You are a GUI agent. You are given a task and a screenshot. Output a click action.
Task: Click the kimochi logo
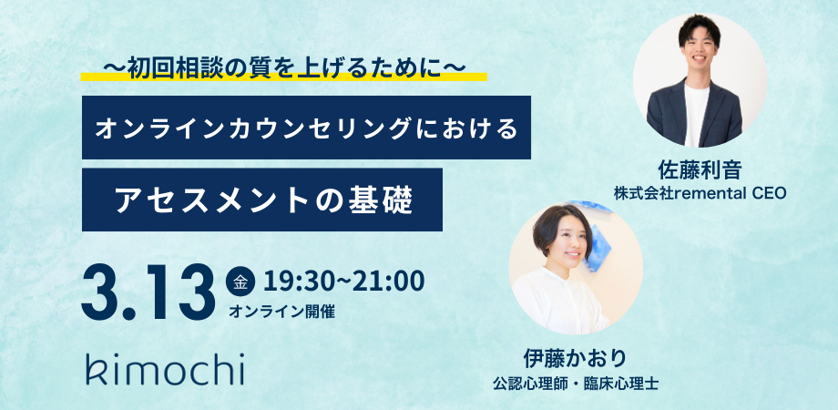point(165,368)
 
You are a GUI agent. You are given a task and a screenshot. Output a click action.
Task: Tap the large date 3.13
point(148,293)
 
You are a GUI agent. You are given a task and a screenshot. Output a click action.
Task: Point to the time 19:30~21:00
point(343,282)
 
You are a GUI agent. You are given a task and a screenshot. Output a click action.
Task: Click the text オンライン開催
point(281,312)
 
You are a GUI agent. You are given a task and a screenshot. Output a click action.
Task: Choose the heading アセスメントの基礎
point(264,200)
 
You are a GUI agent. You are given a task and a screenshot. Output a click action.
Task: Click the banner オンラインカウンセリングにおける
point(306,128)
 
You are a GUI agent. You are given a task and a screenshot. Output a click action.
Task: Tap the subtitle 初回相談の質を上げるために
point(283,68)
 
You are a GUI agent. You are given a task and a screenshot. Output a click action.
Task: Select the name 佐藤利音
point(700,170)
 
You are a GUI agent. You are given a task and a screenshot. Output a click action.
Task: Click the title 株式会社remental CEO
point(700,192)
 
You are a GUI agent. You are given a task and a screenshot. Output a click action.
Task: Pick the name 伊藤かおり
point(575,359)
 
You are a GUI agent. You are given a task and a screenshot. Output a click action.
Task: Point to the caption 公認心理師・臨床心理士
point(575,383)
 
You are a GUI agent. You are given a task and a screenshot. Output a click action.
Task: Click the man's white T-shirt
point(697,115)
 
